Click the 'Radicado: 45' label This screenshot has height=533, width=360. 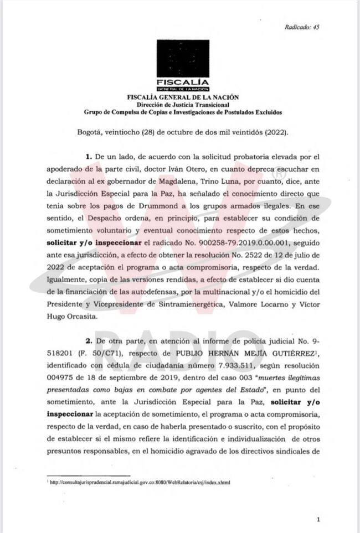(302, 27)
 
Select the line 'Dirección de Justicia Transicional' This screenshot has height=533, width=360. (183, 105)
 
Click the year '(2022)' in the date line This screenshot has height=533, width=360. (276, 133)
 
